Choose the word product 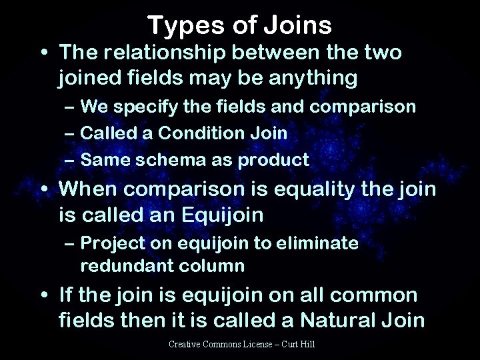tap(276, 160)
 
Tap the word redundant tap(123, 266)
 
